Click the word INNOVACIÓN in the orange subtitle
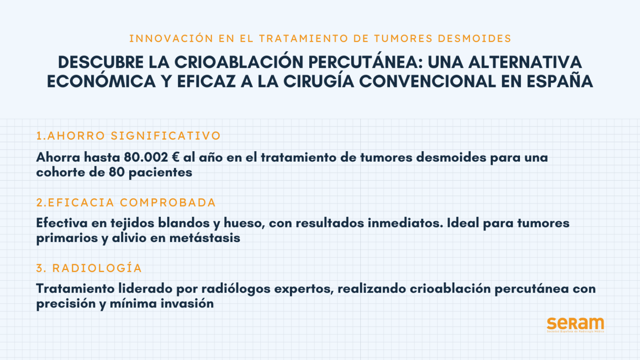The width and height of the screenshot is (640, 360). (171, 38)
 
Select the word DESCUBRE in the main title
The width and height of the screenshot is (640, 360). (101, 62)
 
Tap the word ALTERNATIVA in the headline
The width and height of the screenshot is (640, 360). (525, 62)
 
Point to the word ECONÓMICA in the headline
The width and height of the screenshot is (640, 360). (101, 81)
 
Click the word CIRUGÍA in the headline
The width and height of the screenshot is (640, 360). (319, 81)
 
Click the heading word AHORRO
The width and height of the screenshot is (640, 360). (76, 136)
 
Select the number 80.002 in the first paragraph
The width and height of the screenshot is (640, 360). (146, 157)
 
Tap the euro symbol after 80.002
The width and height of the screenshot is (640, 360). (176, 157)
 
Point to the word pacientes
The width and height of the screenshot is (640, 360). (160, 172)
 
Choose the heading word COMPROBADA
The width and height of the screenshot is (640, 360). (168, 202)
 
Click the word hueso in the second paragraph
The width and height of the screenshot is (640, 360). (244, 223)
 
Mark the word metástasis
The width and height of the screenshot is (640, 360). (205, 238)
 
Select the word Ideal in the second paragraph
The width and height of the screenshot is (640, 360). (463, 223)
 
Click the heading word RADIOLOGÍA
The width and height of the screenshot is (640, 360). (97, 268)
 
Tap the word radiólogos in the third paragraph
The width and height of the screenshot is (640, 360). (236, 289)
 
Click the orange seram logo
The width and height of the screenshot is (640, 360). (575, 325)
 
